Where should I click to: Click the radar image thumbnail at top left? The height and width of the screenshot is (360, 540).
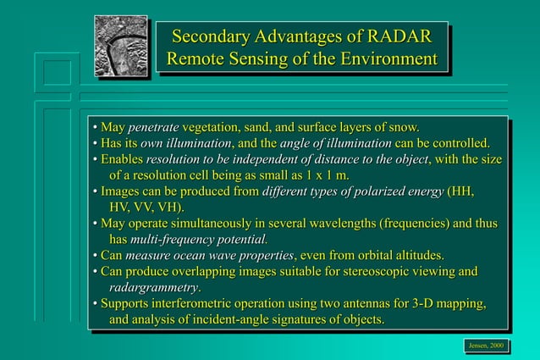tap(120, 46)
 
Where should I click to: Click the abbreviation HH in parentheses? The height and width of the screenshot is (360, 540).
tap(460, 191)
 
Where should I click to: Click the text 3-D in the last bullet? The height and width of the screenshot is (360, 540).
tap(417, 303)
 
